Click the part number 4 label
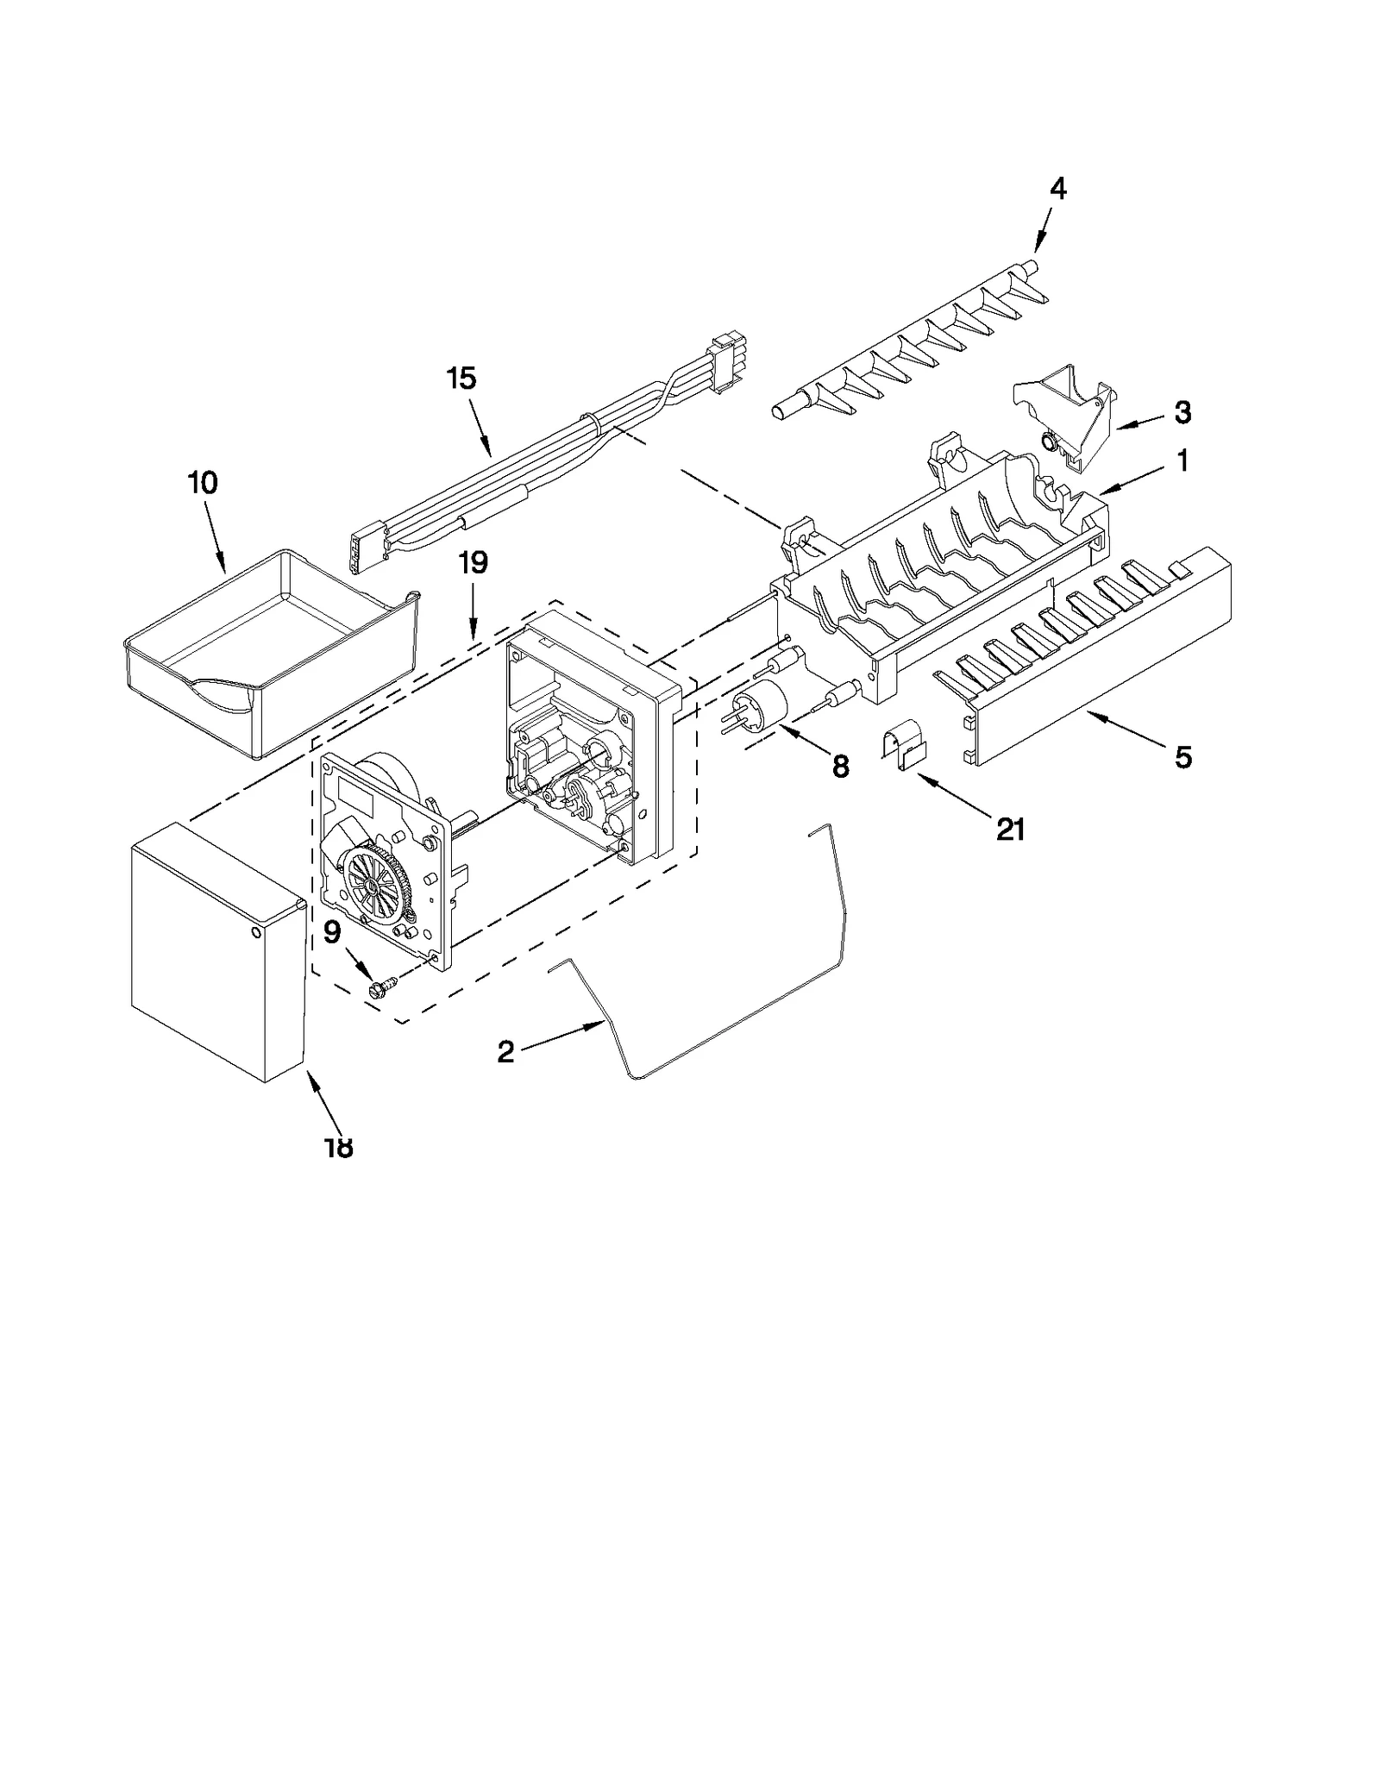coord(1057,188)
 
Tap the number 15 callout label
coord(462,378)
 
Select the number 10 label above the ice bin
coord(202,483)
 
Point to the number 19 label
coord(474,562)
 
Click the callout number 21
coord(1010,830)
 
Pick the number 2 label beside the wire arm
coord(505,1051)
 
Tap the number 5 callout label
coord(1182,757)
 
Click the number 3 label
coord(1182,412)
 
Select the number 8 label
coord(840,766)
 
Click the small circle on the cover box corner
coord(257,932)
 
